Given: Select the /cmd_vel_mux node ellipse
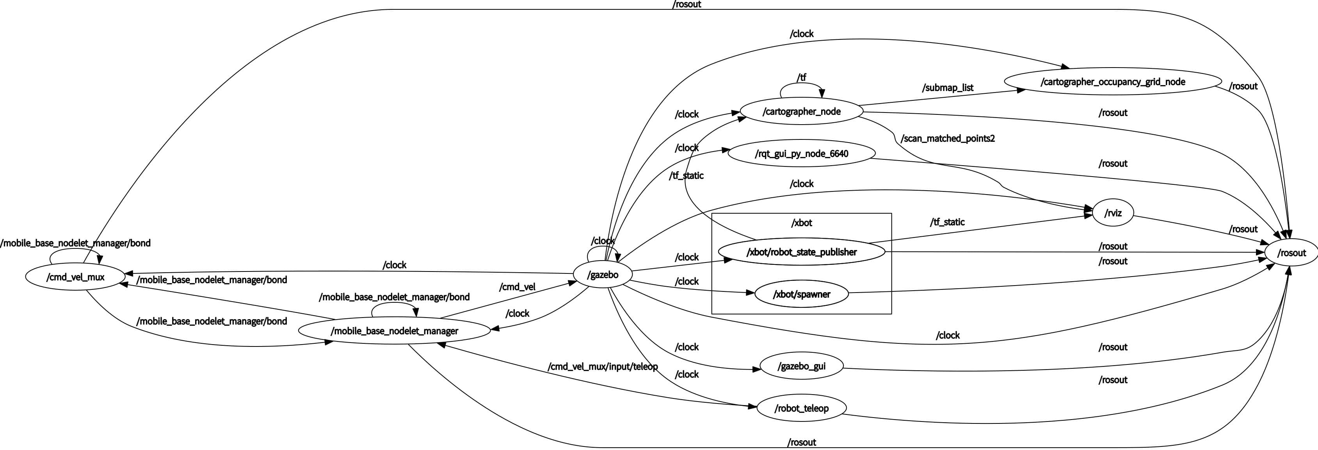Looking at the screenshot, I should click(x=75, y=277).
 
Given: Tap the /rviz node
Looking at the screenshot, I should click(x=1113, y=213).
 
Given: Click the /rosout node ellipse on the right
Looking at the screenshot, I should click(x=1291, y=253).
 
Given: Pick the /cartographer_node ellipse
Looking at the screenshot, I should click(x=801, y=112).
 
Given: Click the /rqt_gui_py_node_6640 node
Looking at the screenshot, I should click(x=801, y=154).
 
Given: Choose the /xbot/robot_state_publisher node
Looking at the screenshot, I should click(x=801, y=252).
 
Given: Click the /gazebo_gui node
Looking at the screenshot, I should click(x=801, y=366).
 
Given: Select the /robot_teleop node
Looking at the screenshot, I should click(x=801, y=409).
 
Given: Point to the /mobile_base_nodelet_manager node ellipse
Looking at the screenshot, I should click(x=394, y=331).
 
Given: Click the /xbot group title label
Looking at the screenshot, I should click(x=801, y=223).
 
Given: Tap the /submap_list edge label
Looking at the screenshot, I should click(x=947, y=87).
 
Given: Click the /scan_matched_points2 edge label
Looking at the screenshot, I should click(x=947, y=138).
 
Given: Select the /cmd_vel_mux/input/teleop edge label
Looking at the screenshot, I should click(x=602, y=366).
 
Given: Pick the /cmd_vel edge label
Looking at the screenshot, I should click(x=517, y=287).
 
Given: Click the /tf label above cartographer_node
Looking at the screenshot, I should click(x=801, y=77).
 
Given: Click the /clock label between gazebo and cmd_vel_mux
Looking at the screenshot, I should click(x=395, y=265).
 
